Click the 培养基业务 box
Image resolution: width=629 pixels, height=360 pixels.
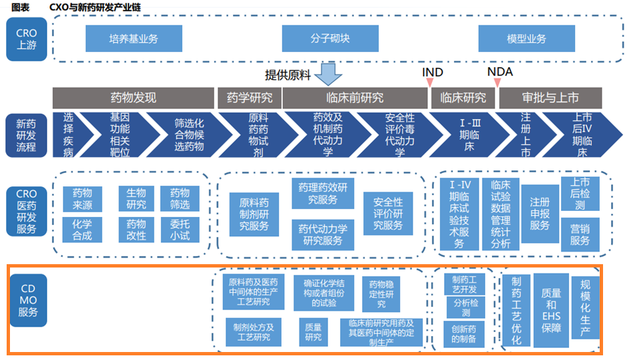tap(134, 39)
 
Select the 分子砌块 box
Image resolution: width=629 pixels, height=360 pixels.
tap(330, 39)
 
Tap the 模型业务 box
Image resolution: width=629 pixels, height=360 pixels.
tap(526, 39)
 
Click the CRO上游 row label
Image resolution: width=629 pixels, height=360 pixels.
tap(27, 40)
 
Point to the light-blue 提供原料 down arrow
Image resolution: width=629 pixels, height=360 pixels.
tap(327, 75)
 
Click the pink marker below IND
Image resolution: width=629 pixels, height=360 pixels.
tap(430, 83)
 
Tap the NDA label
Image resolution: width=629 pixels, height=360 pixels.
tap(500, 71)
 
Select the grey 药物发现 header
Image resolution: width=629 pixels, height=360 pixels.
tap(133, 98)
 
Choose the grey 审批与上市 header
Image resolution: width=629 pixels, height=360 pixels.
tap(550, 98)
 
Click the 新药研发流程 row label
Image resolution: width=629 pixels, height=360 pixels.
tap(27, 134)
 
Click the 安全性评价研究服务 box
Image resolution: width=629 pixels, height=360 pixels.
tap(387, 214)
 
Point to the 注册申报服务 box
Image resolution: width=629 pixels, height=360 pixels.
tap(540, 214)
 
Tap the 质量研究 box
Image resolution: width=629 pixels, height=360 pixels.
tap(312, 331)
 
